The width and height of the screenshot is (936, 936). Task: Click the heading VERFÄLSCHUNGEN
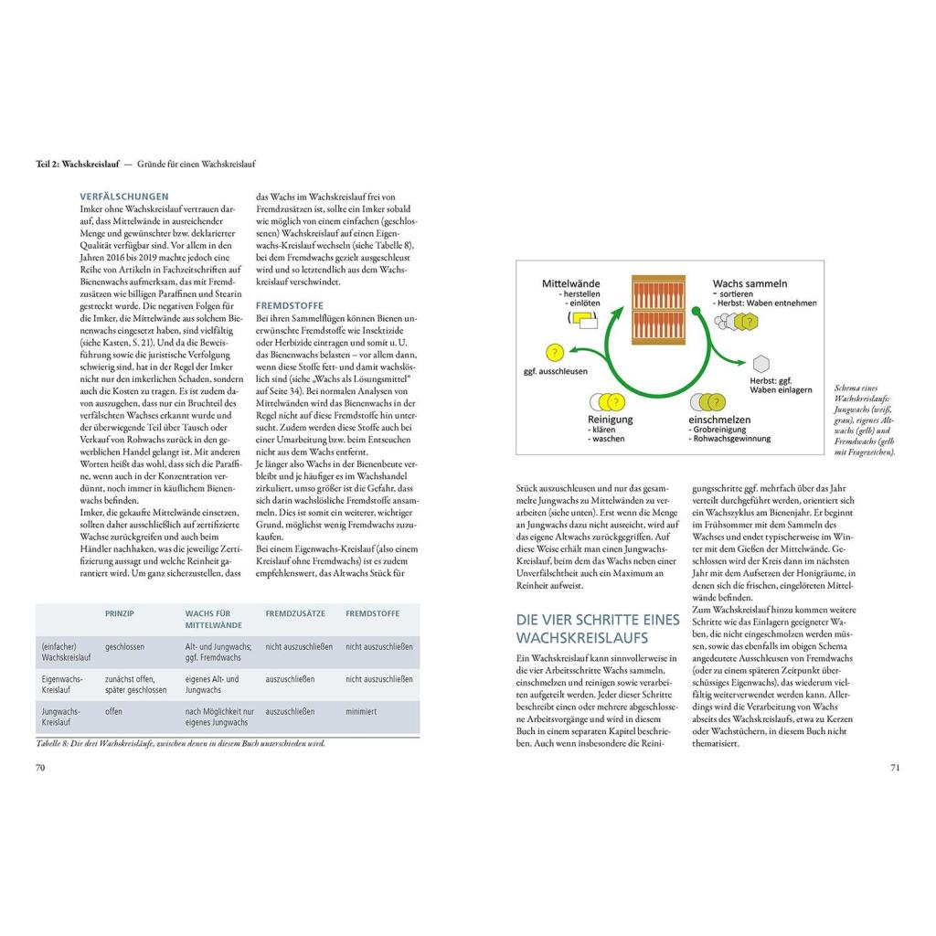(124, 196)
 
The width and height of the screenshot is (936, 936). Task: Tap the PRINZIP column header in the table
(121, 614)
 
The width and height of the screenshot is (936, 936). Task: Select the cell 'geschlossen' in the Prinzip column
(124, 646)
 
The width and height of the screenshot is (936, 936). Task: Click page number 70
(40, 767)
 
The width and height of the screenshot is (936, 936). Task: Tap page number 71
(895, 767)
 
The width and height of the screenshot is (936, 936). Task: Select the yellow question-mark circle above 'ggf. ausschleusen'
(553, 352)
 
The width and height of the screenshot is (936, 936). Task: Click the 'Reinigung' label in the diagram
(610, 419)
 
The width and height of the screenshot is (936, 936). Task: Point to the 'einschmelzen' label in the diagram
(720, 419)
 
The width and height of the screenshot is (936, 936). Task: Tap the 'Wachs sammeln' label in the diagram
(750, 283)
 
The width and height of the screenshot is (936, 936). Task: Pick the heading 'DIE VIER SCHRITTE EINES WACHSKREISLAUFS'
(598, 628)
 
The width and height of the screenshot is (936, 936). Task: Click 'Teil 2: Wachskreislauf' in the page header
(80, 164)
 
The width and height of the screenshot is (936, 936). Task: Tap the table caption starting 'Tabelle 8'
(181, 743)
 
